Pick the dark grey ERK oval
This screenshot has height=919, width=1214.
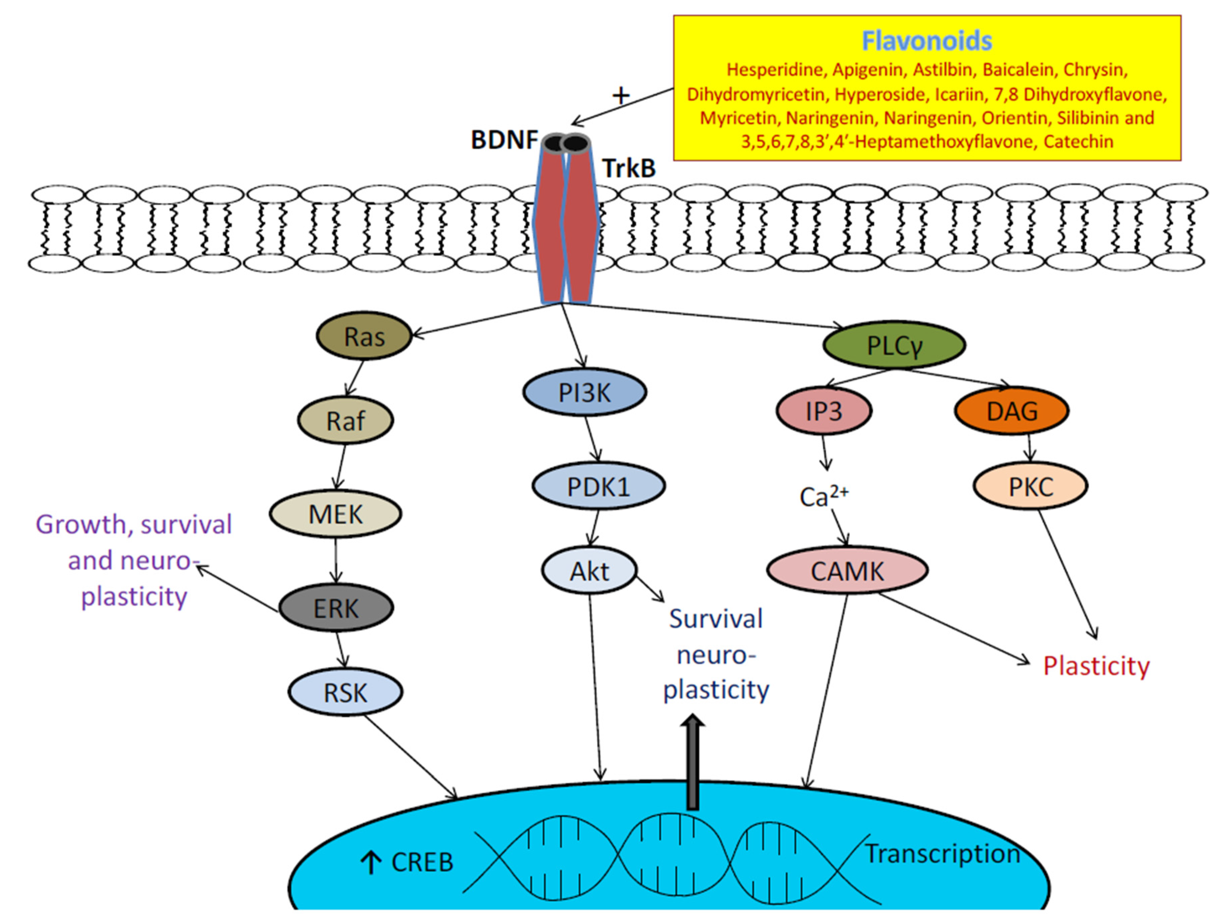336,608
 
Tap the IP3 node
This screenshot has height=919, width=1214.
824,411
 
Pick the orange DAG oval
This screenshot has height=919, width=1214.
1012,411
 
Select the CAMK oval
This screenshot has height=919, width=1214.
847,571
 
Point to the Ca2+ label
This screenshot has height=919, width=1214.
823,496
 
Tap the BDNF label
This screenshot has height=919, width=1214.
504,140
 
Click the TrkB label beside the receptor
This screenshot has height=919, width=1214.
629,168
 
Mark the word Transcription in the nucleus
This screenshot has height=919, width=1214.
942,854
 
